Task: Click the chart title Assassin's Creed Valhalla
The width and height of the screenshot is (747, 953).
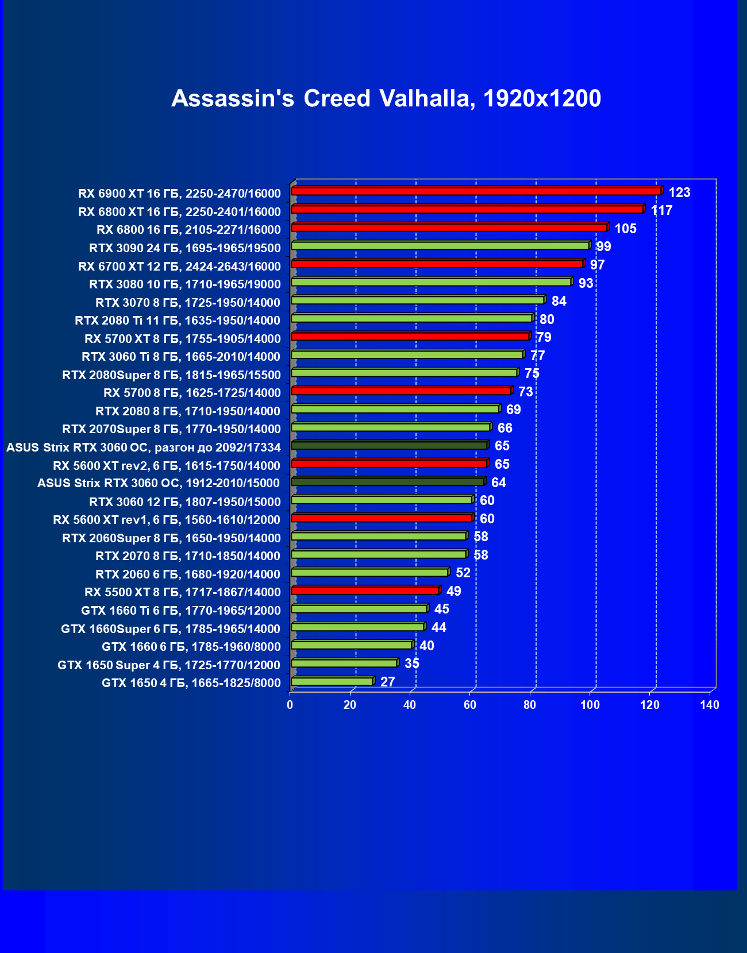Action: click(386, 99)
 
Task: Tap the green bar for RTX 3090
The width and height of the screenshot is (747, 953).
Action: click(440, 246)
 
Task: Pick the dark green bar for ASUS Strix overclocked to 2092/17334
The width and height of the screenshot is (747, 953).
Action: click(388, 445)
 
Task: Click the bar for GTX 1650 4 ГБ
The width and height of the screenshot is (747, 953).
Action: click(332, 681)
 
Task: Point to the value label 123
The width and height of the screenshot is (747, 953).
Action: click(679, 192)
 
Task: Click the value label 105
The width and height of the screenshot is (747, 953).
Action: click(625, 229)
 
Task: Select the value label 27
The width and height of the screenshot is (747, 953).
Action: click(388, 682)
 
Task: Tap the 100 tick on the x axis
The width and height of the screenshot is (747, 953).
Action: click(590, 705)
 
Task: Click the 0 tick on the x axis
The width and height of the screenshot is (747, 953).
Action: click(290, 705)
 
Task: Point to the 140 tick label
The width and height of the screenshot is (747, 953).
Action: click(710, 705)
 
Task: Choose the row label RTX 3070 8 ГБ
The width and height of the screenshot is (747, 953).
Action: click(188, 303)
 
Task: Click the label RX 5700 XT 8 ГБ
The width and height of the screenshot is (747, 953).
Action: click(183, 339)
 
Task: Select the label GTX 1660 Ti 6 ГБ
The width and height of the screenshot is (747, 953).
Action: click(181, 611)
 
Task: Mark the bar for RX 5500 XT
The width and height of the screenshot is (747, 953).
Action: click(365, 591)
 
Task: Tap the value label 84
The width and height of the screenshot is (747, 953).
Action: click(559, 301)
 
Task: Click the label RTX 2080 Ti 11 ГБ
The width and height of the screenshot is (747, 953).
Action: click(178, 321)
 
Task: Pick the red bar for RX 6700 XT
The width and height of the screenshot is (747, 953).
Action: click(437, 264)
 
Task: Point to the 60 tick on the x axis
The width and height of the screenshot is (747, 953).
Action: click(470, 705)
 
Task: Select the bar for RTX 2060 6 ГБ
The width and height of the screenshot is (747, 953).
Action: click(369, 572)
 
